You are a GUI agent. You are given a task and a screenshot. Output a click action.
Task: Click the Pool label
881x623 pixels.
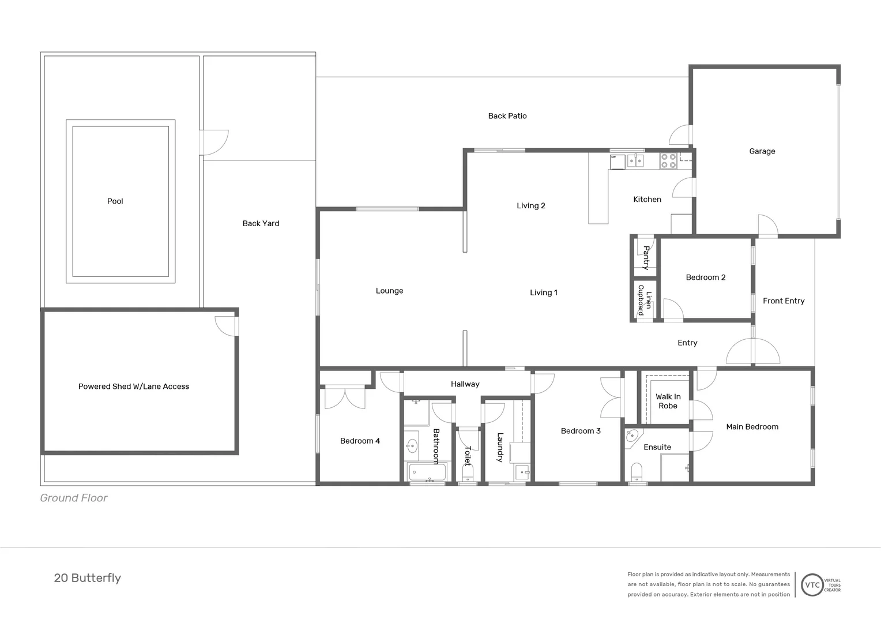tap(115, 201)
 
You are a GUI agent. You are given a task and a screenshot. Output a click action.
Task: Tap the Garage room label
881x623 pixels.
tap(762, 151)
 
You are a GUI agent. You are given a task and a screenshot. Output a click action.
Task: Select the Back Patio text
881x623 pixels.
tap(507, 116)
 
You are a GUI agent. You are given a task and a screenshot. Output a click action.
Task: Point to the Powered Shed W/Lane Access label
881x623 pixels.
tap(134, 386)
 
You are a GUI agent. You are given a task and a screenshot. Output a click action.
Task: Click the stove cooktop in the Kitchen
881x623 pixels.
tap(668, 160)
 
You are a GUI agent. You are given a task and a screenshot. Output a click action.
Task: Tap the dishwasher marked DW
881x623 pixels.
tap(617, 162)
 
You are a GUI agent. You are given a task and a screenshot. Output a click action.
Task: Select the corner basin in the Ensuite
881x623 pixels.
tap(633, 436)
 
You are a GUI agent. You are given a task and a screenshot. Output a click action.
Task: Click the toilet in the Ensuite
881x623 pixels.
tap(637, 471)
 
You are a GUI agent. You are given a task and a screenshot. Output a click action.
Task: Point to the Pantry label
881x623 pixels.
tap(646, 258)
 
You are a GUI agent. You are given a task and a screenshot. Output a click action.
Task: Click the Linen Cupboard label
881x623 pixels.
tap(645, 300)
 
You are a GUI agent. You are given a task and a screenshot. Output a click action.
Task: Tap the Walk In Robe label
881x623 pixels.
tap(668, 401)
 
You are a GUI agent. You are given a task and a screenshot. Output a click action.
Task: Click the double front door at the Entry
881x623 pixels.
tap(752, 351)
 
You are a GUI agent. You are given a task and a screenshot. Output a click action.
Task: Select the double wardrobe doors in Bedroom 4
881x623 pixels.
tap(345, 397)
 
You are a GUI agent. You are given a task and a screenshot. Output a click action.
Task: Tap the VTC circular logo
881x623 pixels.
tap(812, 585)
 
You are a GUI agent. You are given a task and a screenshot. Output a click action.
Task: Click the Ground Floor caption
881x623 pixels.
tap(74, 498)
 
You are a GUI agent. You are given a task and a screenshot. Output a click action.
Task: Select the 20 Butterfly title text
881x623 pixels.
tap(88, 578)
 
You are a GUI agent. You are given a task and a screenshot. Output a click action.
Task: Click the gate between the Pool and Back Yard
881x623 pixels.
tap(213, 142)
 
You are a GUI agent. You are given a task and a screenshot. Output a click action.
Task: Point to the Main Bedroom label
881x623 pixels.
tap(752, 427)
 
